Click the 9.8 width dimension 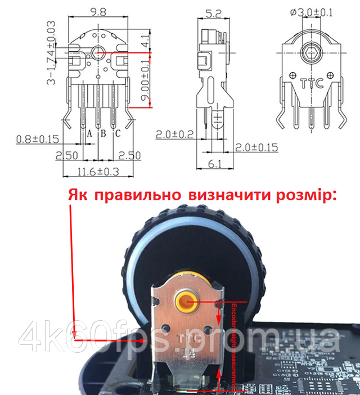(98, 10)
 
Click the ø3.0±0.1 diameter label (313, 11)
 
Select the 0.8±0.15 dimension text (38, 138)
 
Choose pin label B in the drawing (103, 134)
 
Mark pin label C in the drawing (118, 134)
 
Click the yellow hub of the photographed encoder (186, 303)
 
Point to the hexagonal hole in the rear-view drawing (311, 55)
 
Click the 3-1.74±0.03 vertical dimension (52, 53)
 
